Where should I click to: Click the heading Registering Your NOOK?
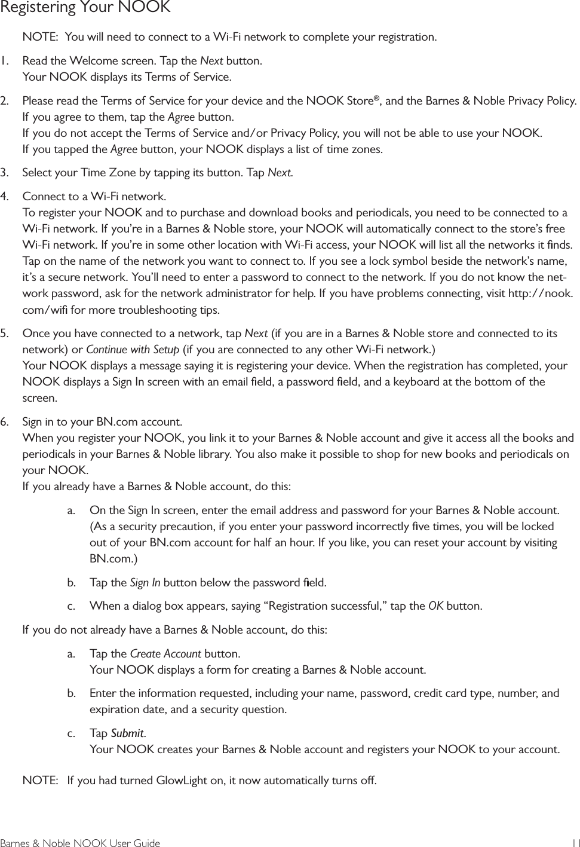click(85, 8)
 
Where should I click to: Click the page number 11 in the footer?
click(574, 843)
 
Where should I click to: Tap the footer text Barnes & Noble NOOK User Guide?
click(80, 843)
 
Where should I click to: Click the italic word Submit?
click(128, 733)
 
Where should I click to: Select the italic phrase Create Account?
click(165, 653)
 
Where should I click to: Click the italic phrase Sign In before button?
click(145, 582)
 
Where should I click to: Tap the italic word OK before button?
click(436, 606)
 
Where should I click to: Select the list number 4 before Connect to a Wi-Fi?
click(5, 196)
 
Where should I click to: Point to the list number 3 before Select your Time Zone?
click(5, 173)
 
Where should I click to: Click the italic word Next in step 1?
click(211, 61)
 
